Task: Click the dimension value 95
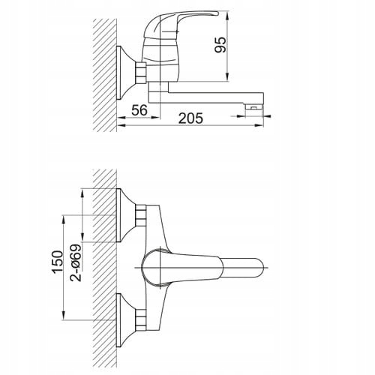point(220,45)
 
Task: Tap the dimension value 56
point(139,110)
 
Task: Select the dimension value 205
point(191,118)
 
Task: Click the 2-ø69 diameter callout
point(76,262)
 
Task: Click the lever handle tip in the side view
point(217,13)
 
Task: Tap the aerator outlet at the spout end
point(254,107)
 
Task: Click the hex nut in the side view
point(141,73)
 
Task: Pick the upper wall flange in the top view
point(126,215)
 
